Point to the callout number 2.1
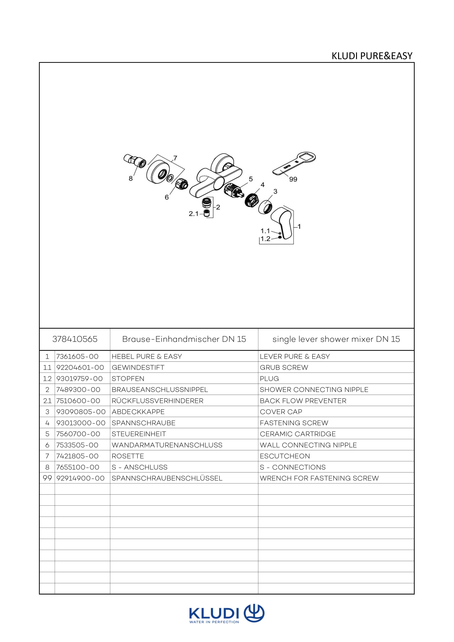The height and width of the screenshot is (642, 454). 193,214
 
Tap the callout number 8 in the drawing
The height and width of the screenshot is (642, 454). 131,178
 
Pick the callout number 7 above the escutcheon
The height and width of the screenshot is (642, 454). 175,158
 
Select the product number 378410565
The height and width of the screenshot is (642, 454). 75,339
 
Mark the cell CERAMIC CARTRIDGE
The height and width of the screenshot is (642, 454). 298,434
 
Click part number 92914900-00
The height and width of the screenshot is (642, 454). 81,478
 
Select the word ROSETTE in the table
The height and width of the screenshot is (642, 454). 128,456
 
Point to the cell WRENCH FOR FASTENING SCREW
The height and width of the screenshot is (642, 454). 319,478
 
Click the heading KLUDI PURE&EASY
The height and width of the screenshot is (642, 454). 372,56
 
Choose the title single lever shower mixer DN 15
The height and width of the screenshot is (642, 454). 336,339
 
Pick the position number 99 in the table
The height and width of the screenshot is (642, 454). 47,478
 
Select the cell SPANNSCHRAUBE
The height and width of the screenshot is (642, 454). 144,423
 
